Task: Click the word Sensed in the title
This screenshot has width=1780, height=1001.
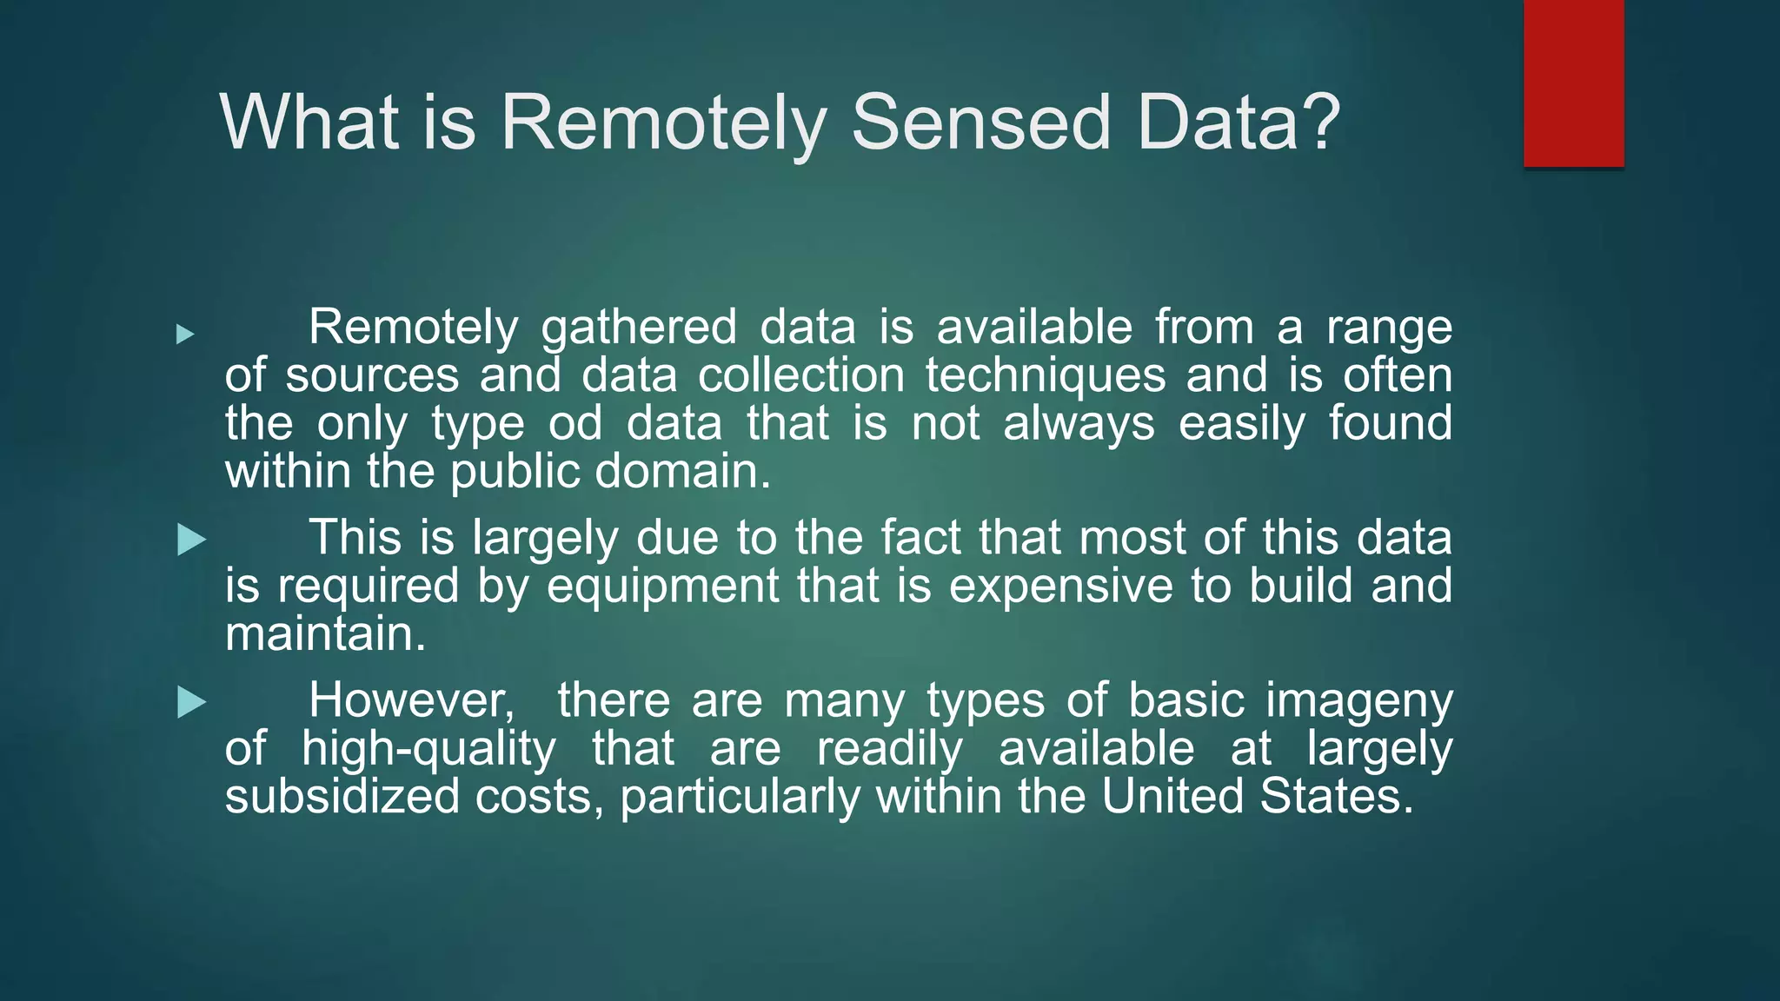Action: pyautogui.click(x=980, y=123)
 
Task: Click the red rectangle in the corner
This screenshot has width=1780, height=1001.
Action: pyautogui.click(x=1573, y=83)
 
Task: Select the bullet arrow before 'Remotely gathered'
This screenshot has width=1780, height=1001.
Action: pyautogui.click(x=185, y=334)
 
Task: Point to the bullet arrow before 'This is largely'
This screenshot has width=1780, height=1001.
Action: pyautogui.click(x=191, y=540)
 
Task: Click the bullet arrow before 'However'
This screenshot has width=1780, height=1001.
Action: pyautogui.click(x=191, y=702)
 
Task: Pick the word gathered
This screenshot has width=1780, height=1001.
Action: pyautogui.click(x=639, y=328)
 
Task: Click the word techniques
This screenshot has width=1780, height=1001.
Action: pyautogui.click(x=1045, y=376)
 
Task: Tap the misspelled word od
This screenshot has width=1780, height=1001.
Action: pyautogui.click(x=575, y=424)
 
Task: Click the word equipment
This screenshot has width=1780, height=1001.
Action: pyautogui.click(x=662, y=586)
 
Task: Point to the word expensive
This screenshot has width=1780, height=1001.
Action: pyautogui.click(x=1060, y=586)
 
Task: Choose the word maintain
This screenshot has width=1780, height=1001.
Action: pyautogui.click(x=325, y=633)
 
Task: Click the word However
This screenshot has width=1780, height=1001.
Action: pyautogui.click(x=411, y=700)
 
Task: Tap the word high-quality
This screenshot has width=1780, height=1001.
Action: pyautogui.click(x=428, y=749)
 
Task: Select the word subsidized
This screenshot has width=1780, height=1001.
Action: pyautogui.click(x=342, y=796)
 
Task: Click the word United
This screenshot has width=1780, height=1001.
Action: pyautogui.click(x=1172, y=796)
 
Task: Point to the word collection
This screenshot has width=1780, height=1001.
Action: pyautogui.click(x=801, y=376)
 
